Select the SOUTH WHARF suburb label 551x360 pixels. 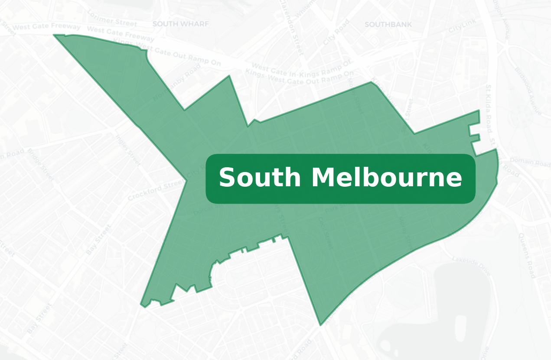[x=180, y=24]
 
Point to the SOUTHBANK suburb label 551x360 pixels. [x=388, y=25]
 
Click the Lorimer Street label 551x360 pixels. [x=112, y=18]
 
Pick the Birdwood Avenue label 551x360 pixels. [x=528, y=91]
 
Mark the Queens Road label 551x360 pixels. [x=527, y=256]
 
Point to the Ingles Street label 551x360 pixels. [x=128, y=150]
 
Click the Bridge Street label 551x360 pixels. [x=41, y=165]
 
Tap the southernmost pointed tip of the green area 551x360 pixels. [x=320, y=324]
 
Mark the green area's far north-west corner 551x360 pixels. [x=54, y=35]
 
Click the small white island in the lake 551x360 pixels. [x=460, y=322]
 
